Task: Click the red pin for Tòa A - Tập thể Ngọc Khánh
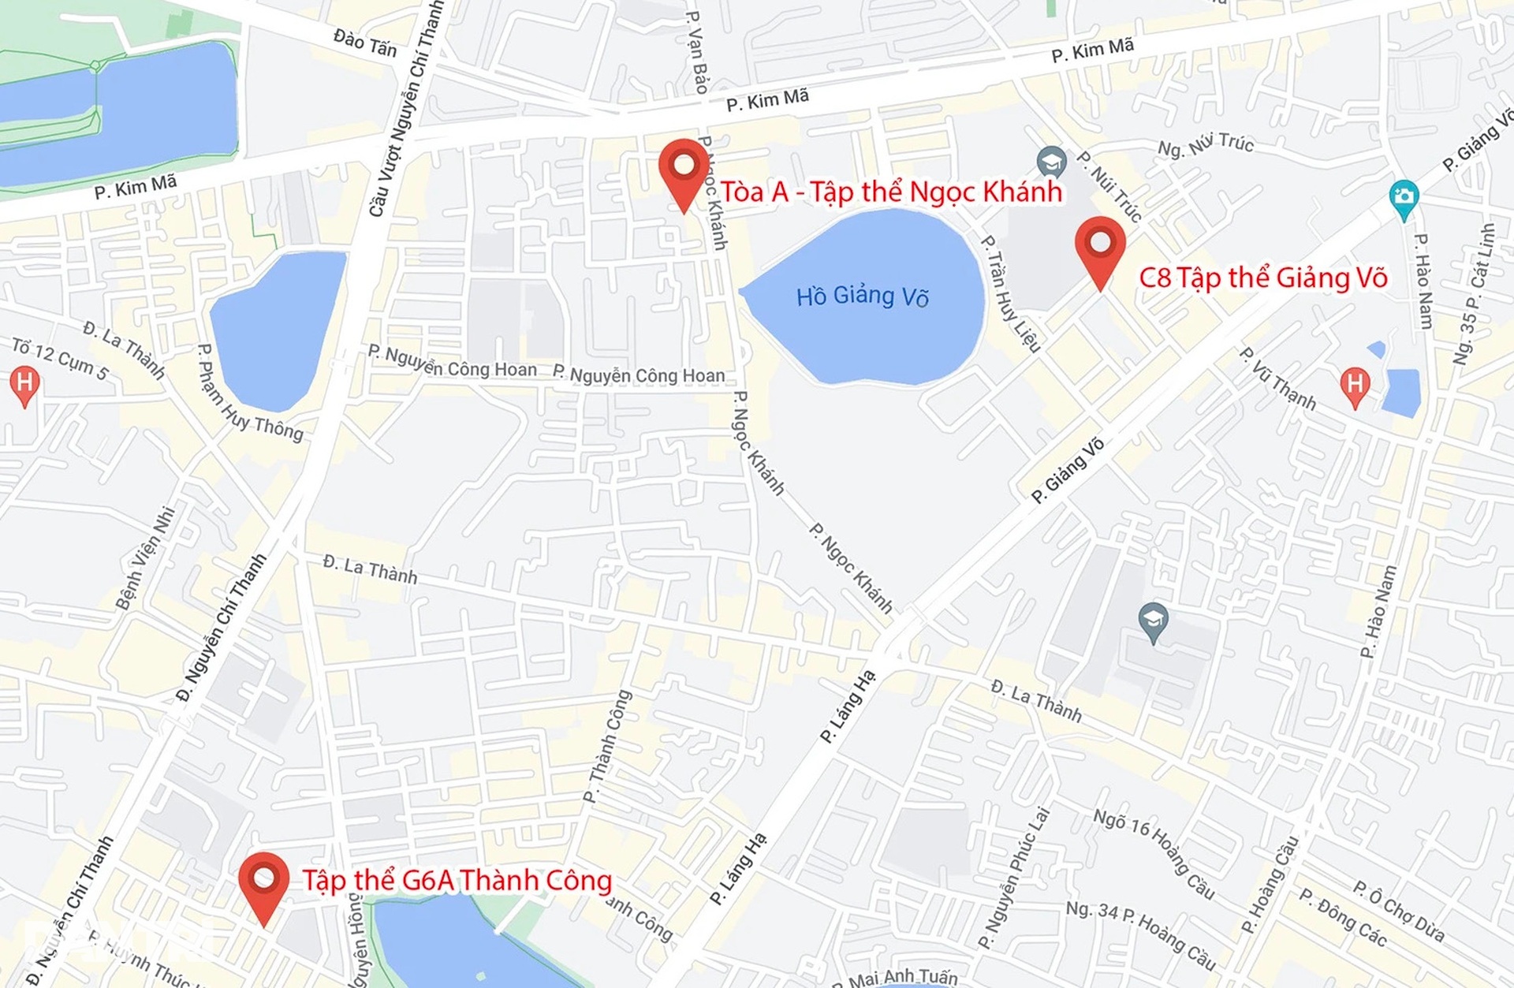684,168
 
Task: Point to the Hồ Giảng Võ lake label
862,296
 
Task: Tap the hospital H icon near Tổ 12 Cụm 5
24,385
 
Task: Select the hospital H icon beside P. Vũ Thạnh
1355,386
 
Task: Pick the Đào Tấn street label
365,43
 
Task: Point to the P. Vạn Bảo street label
697,52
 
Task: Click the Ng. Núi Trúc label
1205,144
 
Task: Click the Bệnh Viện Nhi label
146,557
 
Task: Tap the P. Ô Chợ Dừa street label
1399,911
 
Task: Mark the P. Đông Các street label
1342,917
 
